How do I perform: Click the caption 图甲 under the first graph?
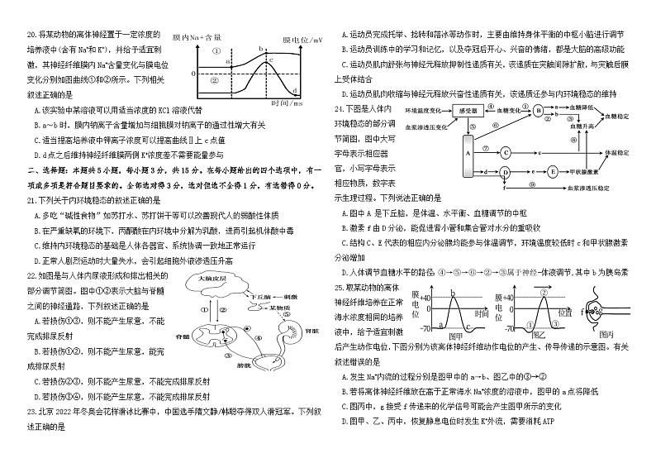455,337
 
